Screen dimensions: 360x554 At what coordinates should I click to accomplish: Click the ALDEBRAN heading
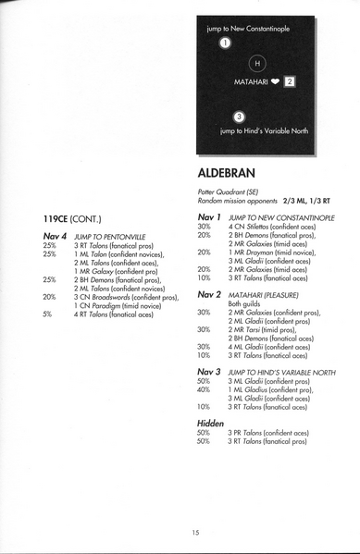[228, 173]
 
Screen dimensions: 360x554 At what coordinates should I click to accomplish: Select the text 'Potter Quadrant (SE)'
[226, 192]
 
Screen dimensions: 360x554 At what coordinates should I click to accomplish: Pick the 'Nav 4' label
[56, 237]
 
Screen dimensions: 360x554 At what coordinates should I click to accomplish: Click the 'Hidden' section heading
[213, 422]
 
